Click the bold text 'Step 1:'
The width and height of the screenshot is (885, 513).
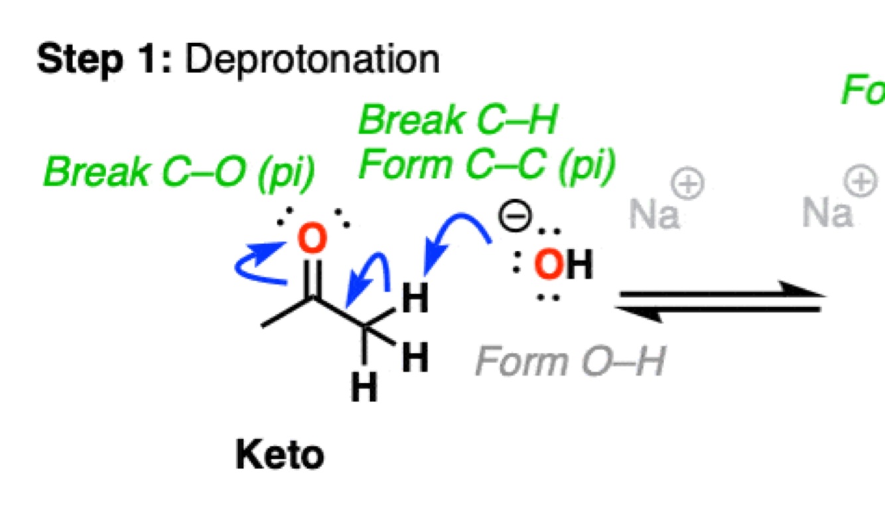pyautogui.click(x=103, y=60)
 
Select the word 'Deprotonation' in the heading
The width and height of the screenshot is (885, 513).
pyautogui.click(x=312, y=60)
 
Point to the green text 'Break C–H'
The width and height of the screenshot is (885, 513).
pyautogui.click(x=458, y=121)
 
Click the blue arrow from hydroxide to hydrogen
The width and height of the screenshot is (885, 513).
pyautogui.click(x=458, y=242)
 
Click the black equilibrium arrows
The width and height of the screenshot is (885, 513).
pyautogui.click(x=720, y=302)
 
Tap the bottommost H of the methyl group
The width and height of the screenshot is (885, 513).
pyautogui.click(x=364, y=387)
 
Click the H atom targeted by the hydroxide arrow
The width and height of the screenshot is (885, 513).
pyautogui.click(x=415, y=300)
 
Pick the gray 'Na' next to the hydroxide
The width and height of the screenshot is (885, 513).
pyautogui.click(x=654, y=214)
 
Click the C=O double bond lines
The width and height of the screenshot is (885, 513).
pyautogui.click(x=313, y=279)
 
